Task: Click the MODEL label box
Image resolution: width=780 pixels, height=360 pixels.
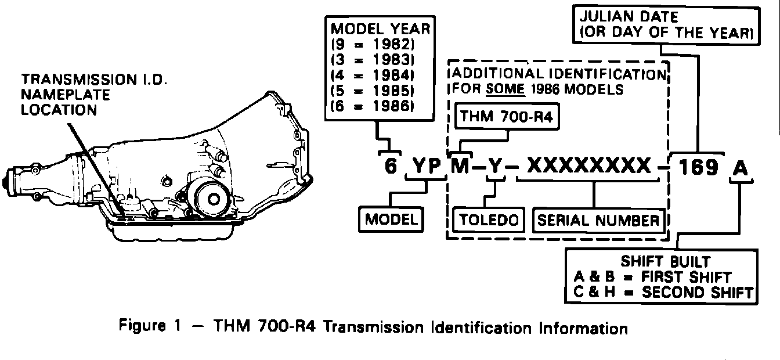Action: tap(391, 219)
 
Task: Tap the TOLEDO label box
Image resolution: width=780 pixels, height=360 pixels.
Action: tap(489, 220)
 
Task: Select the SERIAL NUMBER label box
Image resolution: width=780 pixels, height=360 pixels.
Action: tap(598, 220)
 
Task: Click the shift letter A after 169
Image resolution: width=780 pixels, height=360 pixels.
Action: tap(740, 168)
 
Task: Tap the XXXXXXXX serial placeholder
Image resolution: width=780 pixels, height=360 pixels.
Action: tap(588, 167)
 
